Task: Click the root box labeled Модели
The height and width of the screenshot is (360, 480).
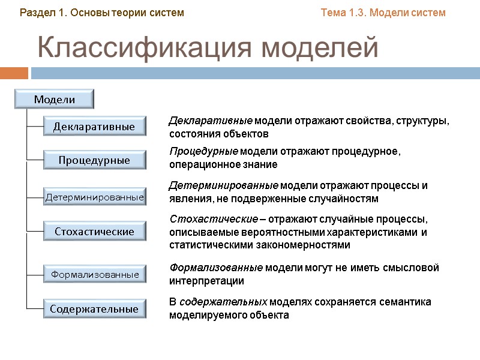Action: coord(55,99)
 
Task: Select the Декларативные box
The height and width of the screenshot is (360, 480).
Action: coord(94,127)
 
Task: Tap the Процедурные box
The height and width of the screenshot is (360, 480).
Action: coord(94,160)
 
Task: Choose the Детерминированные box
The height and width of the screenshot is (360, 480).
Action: coord(94,197)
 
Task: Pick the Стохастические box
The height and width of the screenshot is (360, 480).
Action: coord(94,231)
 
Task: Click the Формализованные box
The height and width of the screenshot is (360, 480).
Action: coord(94,274)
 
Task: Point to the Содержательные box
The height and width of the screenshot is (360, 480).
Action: coord(94,309)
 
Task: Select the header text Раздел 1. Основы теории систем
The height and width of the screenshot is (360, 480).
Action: coord(102,13)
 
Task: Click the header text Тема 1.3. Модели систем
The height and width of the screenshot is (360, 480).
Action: coord(383,13)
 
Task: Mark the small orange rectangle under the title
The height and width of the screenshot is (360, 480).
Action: coord(14,73)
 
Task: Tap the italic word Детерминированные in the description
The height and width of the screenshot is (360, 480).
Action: coord(223,185)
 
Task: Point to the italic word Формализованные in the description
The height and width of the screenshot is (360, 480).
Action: coord(216,268)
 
